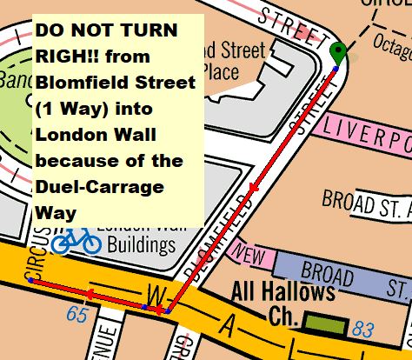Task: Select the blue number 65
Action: [x=77, y=313]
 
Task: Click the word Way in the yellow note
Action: [x=56, y=211]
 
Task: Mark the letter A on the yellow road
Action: [x=229, y=328]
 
